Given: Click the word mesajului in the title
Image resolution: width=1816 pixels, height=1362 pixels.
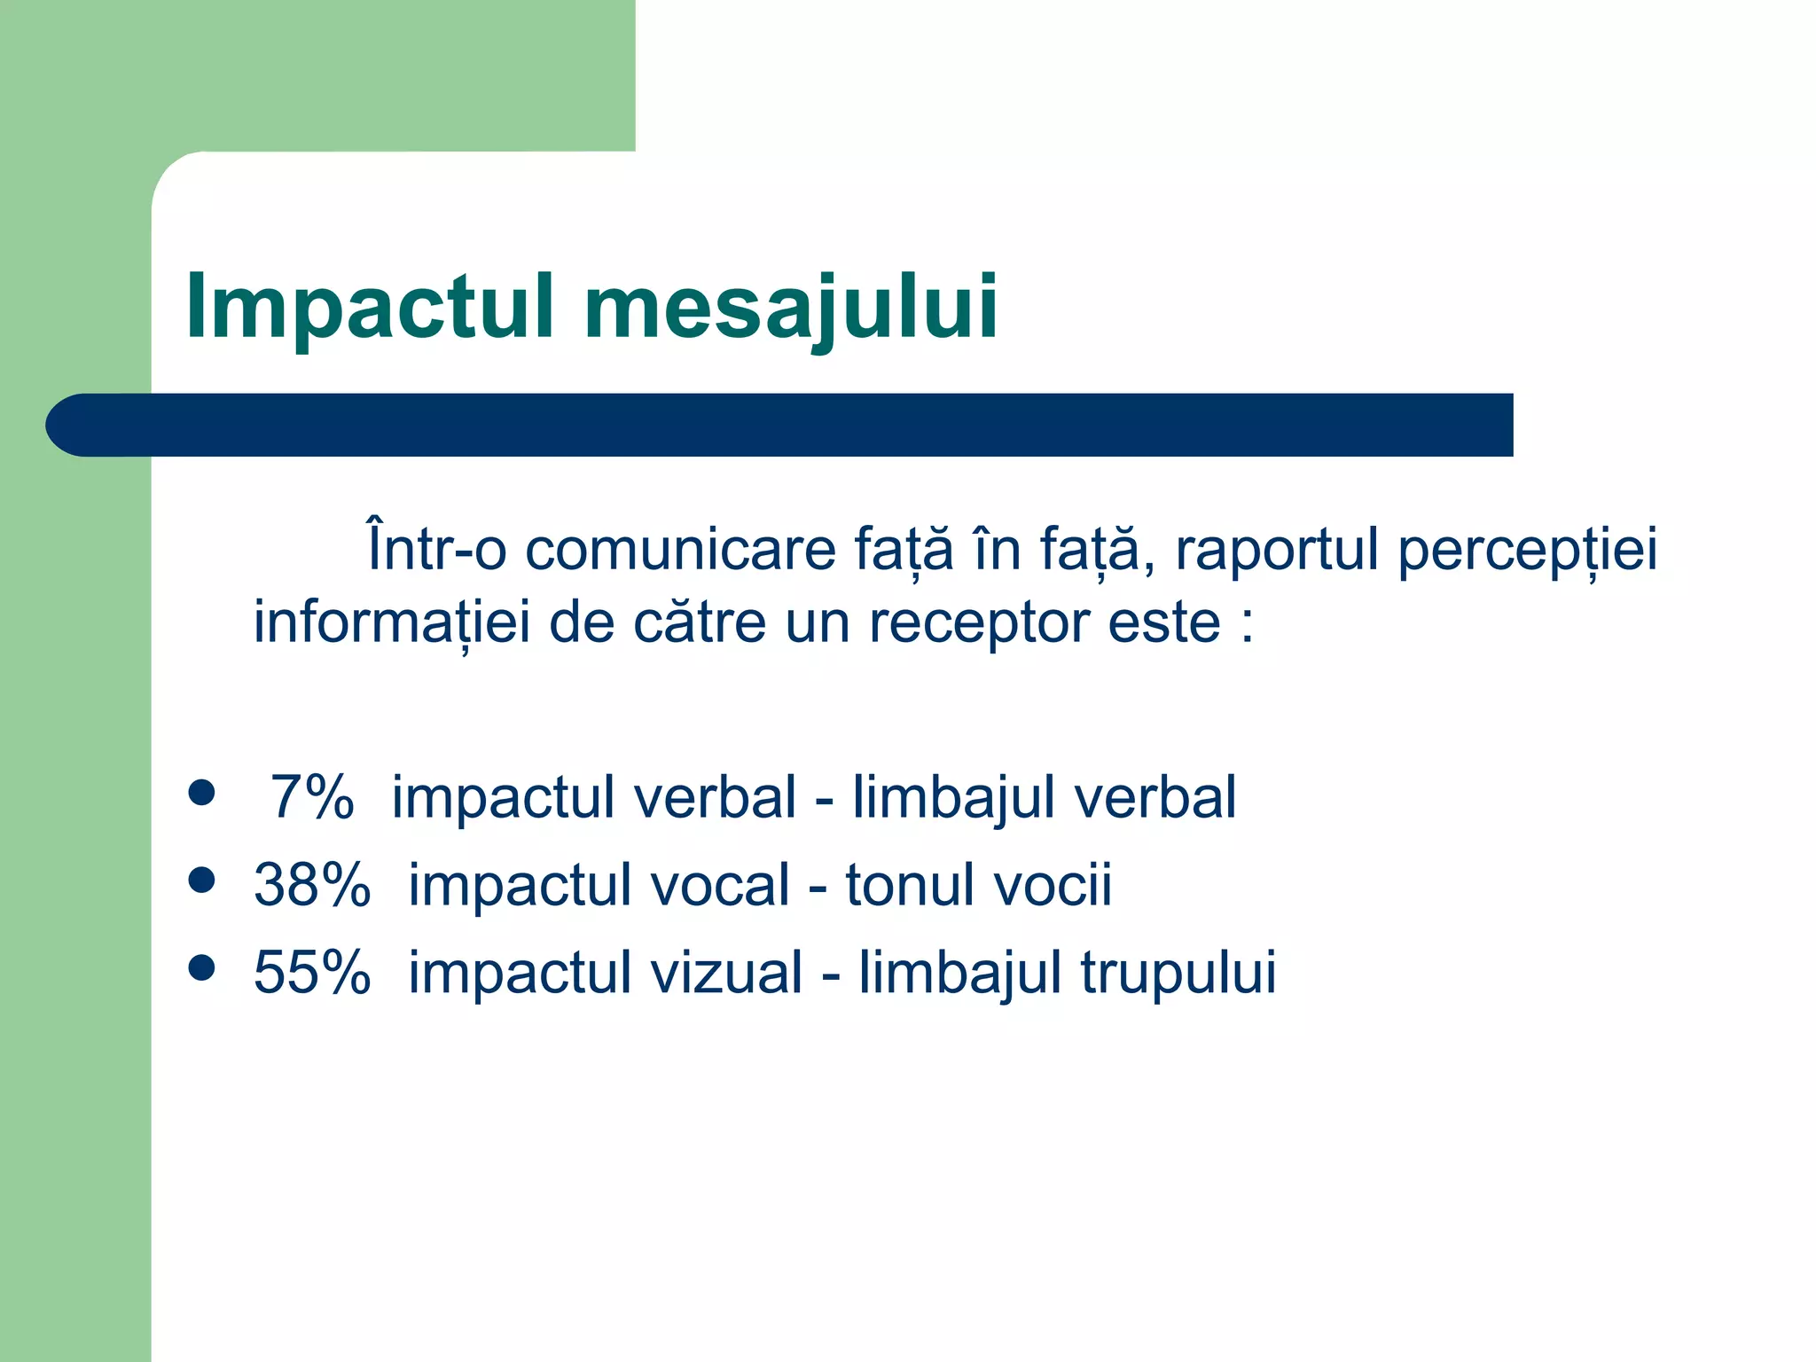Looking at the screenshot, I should point(791,306).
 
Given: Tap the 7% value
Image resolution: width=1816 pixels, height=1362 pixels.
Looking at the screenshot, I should point(311,796).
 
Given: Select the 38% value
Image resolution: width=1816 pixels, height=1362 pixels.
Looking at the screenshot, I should point(311,884).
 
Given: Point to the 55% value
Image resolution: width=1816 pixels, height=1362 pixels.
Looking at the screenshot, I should point(311,972).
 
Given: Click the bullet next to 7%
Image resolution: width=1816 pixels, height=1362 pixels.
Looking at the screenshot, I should point(202,793).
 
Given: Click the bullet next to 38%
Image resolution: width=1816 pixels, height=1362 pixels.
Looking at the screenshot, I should point(202,881).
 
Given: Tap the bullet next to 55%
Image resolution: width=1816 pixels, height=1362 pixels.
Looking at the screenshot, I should point(202,968).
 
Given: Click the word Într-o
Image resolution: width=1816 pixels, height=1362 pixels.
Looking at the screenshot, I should point(436,549).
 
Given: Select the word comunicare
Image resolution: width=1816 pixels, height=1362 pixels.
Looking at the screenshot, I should point(680,549).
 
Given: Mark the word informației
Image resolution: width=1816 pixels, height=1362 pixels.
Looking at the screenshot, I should point(391,622).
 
